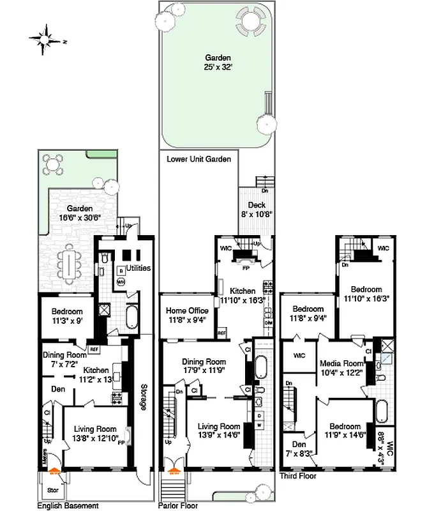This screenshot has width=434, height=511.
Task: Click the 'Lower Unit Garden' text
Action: point(198,159)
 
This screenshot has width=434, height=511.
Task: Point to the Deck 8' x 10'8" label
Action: point(257,210)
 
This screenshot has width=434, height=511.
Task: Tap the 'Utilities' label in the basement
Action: point(138,268)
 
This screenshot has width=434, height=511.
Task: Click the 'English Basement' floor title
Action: point(68,506)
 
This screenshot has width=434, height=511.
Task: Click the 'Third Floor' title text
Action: point(297,476)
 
